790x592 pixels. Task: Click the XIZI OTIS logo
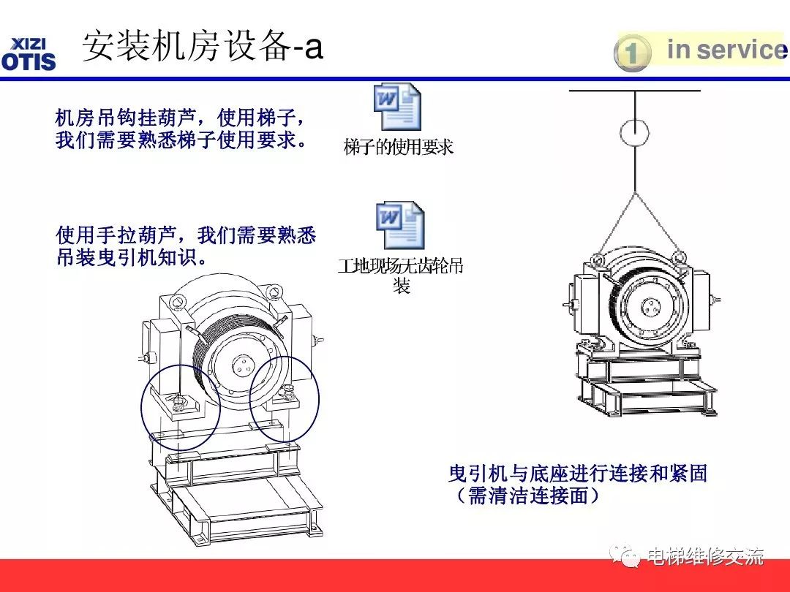click(x=29, y=53)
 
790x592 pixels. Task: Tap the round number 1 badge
click(x=632, y=53)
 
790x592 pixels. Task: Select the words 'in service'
click(x=724, y=50)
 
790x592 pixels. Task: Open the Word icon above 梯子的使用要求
click(x=397, y=107)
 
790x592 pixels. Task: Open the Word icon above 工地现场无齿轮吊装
click(x=399, y=226)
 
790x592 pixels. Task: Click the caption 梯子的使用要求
click(x=399, y=148)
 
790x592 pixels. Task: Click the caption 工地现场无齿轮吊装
click(x=401, y=275)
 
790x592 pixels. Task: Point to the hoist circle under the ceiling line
click(x=633, y=133)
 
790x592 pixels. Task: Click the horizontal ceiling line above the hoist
click(x=634, y=91)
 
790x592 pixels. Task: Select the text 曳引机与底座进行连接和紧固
click(x=578, y=474)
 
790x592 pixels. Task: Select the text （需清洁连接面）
click(x=527, y=496)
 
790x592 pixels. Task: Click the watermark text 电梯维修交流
click(x=705, y=557)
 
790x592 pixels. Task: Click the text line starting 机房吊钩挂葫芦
click(x=180, y=117)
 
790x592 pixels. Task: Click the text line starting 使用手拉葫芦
click(x=186, y=235)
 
